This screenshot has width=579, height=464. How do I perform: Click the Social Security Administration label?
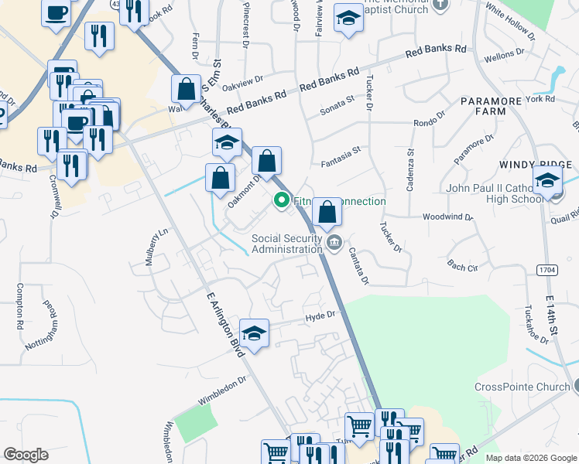tap(286, 244)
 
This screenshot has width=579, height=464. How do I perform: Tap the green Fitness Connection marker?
tap(282, 202)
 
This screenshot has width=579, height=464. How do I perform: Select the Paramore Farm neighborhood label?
tap(494, 106)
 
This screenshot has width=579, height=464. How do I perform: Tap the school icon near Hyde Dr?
tap(254, 334)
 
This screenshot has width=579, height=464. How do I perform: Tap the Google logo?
tap(26, 455)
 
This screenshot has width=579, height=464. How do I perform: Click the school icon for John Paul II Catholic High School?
tap(548, 183)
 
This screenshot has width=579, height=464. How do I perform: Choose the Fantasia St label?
tap(341, 165)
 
